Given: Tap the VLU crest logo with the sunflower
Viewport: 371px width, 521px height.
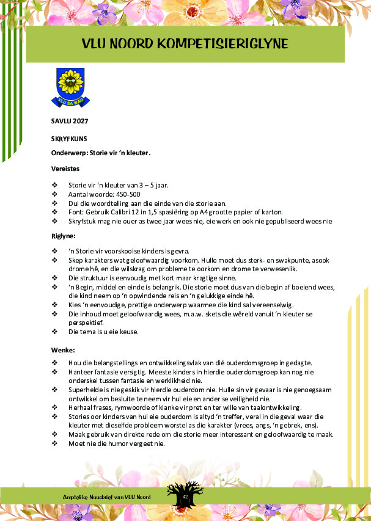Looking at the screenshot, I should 70,87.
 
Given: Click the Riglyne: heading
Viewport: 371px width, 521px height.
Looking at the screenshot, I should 64,235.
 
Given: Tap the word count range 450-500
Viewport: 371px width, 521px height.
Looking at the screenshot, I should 120,193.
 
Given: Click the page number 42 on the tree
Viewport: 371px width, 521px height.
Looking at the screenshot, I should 185,497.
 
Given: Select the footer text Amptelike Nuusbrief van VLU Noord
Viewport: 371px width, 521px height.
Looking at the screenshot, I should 107,497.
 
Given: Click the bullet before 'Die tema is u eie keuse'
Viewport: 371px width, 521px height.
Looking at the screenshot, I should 54,332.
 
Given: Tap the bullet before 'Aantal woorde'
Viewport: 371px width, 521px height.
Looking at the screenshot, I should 54,193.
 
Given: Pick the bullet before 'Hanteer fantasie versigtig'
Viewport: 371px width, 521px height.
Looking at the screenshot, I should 54,371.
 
